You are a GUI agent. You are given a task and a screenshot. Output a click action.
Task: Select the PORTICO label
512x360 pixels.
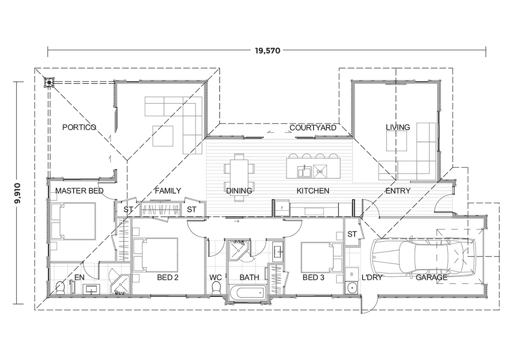(x=79, y=127)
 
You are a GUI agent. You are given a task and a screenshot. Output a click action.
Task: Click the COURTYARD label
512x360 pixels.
(x=313, y=127)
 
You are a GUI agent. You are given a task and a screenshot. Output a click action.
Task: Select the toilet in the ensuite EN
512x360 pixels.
(x=59, y=288)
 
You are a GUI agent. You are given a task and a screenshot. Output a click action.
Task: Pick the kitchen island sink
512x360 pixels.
(x=305, y=172)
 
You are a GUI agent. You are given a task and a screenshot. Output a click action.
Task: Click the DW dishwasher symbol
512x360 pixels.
(x=320, y=171)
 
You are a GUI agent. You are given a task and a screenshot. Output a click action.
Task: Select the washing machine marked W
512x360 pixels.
(x=352, y=274)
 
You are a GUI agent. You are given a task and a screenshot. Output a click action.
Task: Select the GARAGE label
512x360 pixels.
(x=431, y=278)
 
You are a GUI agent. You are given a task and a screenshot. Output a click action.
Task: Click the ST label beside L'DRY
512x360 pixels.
(x=352, y=234)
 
